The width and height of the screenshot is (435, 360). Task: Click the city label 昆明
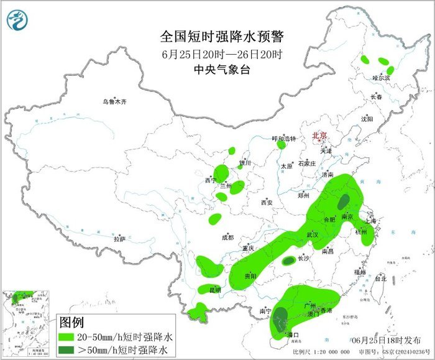coord(214,290)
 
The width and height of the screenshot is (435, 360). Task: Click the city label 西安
coord(267,203)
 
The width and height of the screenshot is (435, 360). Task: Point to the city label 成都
coord(227,237)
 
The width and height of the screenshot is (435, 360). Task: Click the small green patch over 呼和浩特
coord(281,145)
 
